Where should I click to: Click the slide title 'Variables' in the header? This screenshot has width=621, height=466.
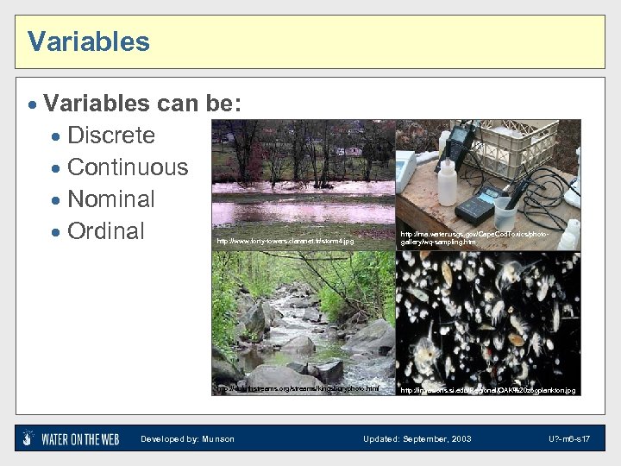tap(88, 41)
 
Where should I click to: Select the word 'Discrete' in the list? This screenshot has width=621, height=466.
tap(110, 135)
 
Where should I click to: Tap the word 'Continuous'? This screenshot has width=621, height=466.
tap(127, 167)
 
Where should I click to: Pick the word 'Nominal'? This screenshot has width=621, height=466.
tap(110, 199)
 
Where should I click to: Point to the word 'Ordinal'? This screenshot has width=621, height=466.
tap(105, 231)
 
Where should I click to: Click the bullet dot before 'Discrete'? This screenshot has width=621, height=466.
tap(56, 136)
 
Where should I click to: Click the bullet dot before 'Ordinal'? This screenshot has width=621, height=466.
tap(56, 232)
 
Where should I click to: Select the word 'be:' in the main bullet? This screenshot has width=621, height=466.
tap(223, 104)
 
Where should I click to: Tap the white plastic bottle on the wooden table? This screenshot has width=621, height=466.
tap(446, 180)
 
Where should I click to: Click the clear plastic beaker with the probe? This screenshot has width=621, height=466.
tap(506, 213)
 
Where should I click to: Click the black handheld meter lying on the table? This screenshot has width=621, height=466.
tap(480, 205)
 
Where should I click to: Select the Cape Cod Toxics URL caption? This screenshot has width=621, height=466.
tap(474, 238)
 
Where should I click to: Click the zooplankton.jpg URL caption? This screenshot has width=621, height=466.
tap(487, 391)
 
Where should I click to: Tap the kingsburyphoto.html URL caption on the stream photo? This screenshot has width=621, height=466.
tap(298, 389)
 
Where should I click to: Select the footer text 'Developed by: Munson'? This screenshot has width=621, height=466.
tap(187, 439)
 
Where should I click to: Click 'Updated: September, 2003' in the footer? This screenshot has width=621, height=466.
tap(417, 439)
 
